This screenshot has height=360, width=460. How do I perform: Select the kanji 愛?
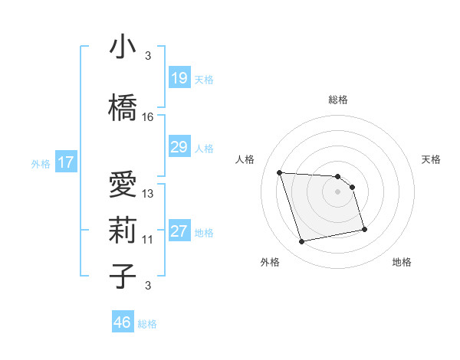[123, 185]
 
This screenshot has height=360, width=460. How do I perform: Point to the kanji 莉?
[123, 231]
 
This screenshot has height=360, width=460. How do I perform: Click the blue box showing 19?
[179, 78]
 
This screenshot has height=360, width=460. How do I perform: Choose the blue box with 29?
[179, 147]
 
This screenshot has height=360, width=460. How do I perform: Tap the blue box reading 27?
[179, 231]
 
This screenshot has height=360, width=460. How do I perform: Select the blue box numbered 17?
[65, 162]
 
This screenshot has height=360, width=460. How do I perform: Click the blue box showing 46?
[123, 322]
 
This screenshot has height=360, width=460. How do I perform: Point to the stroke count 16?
[148, 117]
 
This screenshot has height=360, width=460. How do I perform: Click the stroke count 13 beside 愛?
[148, 194]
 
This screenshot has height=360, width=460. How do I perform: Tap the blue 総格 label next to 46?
[147, 324]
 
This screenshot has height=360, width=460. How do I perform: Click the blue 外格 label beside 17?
[41, 164]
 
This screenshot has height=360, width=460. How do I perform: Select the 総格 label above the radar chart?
[337, 100]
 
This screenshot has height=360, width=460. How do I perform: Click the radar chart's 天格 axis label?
[432, 159]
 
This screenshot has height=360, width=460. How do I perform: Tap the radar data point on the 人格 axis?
[280, 172]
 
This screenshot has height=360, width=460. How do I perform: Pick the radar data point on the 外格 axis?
[302, 241]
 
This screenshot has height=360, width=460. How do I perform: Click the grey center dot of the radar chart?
[337, 191]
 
